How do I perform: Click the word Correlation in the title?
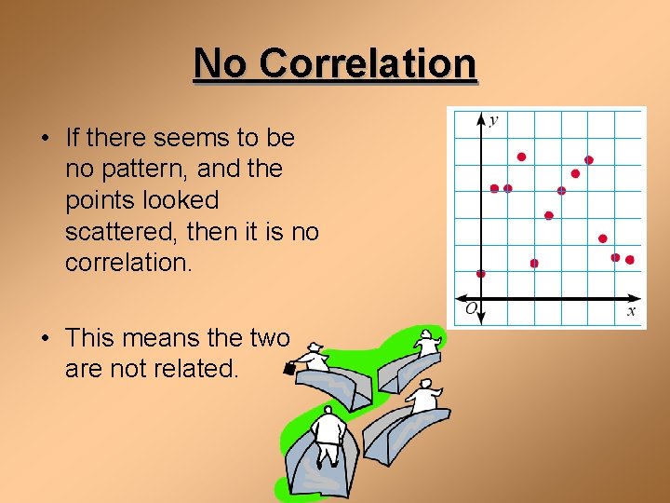coord(368,64)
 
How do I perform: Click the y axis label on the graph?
coord(493,118)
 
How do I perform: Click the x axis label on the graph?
coord(631,311)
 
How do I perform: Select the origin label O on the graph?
coord(470,308)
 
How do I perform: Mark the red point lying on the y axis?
coord(480,274)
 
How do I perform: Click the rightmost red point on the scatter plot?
coord(630,260)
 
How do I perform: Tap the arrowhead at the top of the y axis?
coord(480,118)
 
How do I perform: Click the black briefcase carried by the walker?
coord(288,368)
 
